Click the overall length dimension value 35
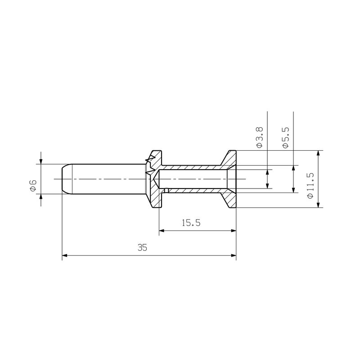(x=143, y=248)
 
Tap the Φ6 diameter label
(x=33, y=185)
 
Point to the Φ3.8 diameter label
(x=259, y=137)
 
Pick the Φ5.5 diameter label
(x=285, y=137)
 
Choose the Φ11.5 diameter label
(x=310, y=184)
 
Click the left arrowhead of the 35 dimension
(x=65, y=256)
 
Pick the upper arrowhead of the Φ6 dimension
(x=41, y=161)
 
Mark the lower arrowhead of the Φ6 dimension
(x=41, y=197)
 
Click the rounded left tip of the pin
(x=63, y=179)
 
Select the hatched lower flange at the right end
(x=229, y=199)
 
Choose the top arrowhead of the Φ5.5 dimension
(x=293, y=168)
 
